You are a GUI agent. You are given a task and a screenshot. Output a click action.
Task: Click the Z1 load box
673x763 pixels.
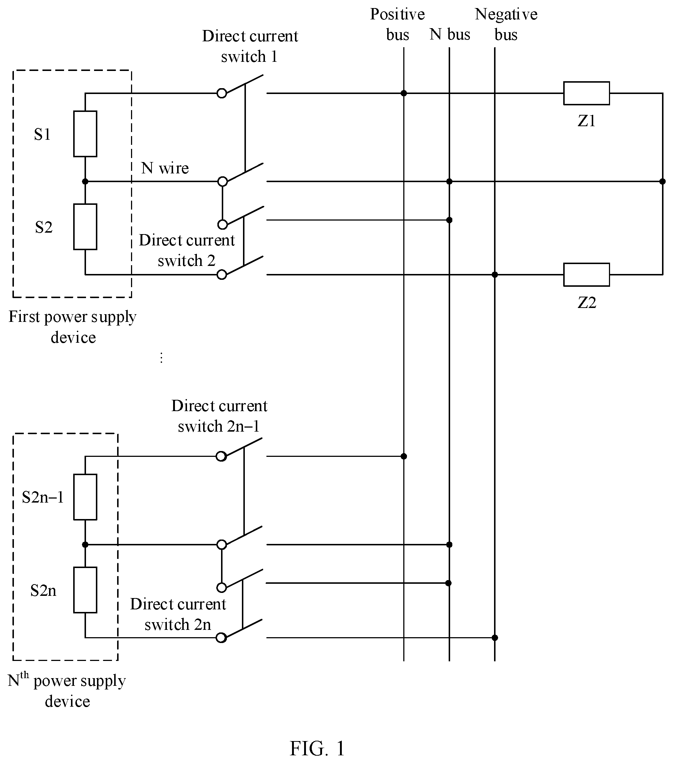point(586,93)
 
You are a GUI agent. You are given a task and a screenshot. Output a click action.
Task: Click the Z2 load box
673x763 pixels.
point(586,275)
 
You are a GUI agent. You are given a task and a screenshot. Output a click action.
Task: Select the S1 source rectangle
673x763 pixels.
point(85,134)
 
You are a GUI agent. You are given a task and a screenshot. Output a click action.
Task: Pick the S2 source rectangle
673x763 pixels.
point(85,226)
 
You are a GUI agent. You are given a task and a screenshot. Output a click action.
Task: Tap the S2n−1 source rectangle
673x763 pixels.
point(85,497)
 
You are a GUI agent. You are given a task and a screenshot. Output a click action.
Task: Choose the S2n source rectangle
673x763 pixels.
point(85,590)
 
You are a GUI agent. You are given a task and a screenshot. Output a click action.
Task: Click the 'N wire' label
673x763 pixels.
point(165,168)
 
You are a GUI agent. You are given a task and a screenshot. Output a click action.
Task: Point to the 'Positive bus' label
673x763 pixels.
point(397,25)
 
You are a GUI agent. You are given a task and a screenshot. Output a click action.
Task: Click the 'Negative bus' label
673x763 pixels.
point(506,25)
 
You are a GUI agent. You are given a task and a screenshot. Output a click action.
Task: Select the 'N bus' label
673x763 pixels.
point(450,34)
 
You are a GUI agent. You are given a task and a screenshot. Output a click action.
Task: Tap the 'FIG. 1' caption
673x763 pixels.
point(317,748)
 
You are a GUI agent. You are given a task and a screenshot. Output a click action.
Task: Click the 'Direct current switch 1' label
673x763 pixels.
point(250,46)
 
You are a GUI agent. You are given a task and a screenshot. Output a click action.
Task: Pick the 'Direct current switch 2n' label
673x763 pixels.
point(178,614)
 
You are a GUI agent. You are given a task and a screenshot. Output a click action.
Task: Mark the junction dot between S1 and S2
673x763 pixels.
point(85,182)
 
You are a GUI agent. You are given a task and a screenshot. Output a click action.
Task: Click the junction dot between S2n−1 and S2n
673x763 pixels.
point(85,545)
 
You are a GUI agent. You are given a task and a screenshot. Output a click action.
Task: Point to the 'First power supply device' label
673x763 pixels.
point(73,327)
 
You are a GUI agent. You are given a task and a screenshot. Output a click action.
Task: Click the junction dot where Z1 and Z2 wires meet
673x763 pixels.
point(662,182)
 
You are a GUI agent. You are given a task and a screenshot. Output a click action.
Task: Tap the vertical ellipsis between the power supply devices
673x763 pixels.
point(161,358)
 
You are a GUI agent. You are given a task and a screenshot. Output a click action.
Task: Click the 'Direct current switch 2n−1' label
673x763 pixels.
point(219,416)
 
